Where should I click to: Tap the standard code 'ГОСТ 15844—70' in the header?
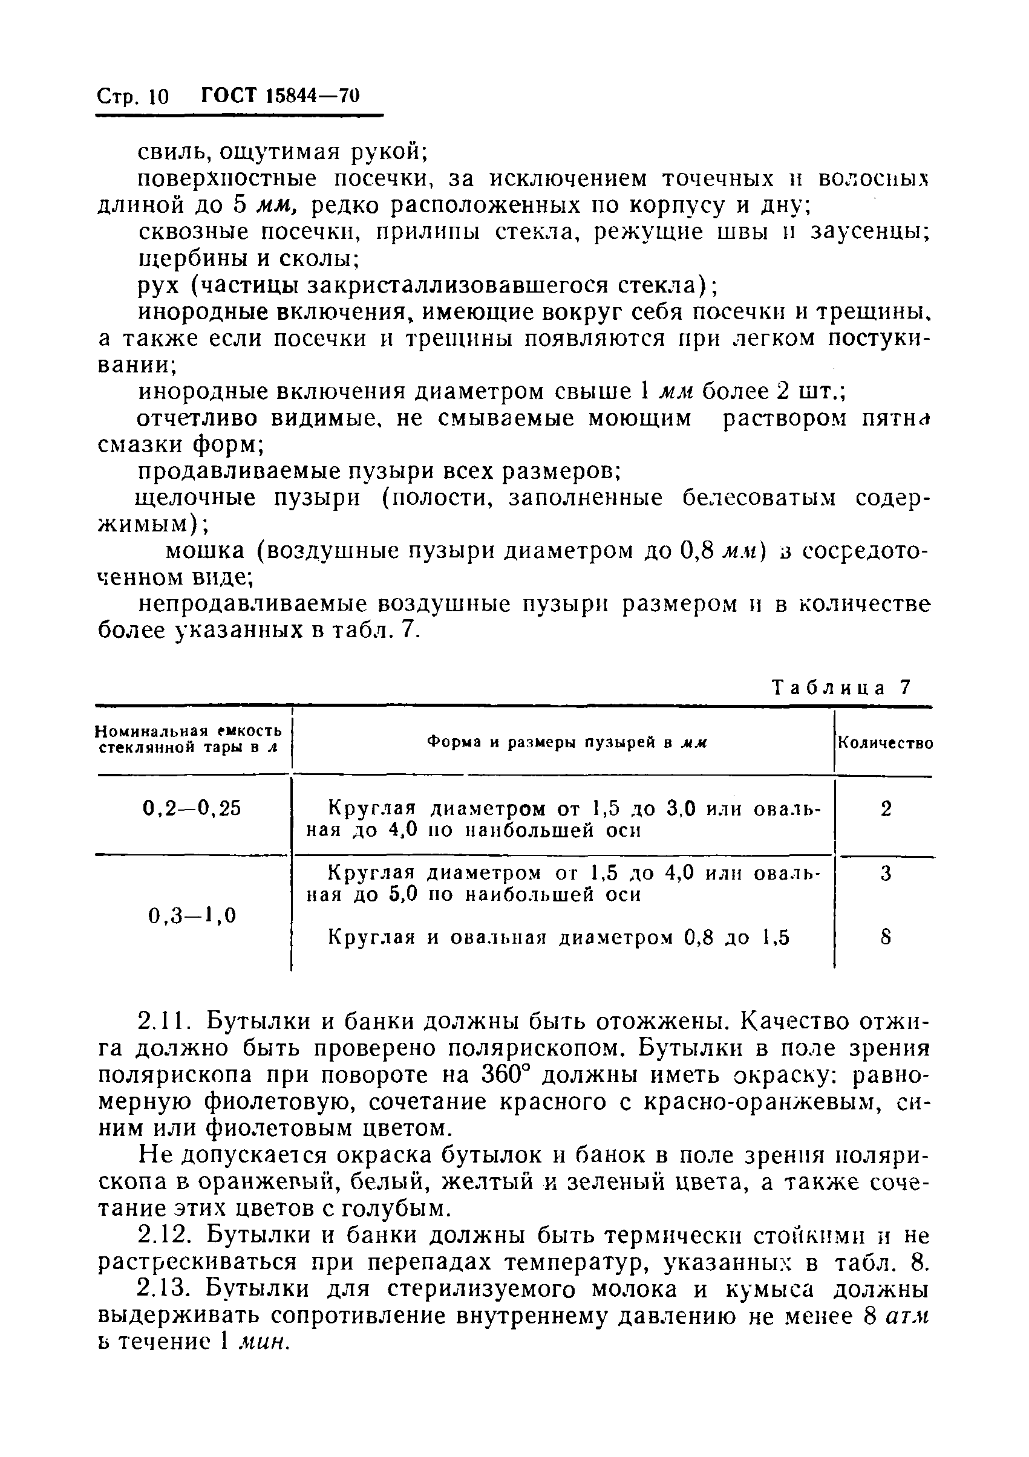pos(280,95)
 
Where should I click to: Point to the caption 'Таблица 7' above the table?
pos(841,688)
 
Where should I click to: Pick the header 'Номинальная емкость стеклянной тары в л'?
pos(188,739)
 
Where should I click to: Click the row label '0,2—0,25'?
pos(192,808)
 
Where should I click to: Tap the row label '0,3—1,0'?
pos(192,915)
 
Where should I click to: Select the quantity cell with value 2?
pos(886,809)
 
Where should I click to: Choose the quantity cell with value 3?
pos(886,874)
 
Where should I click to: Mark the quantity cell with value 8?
pos(886,937)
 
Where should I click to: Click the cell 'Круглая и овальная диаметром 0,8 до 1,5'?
pos(558,937)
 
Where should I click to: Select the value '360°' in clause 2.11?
pos(505,1075)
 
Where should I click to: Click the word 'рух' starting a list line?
pos(158,287)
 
